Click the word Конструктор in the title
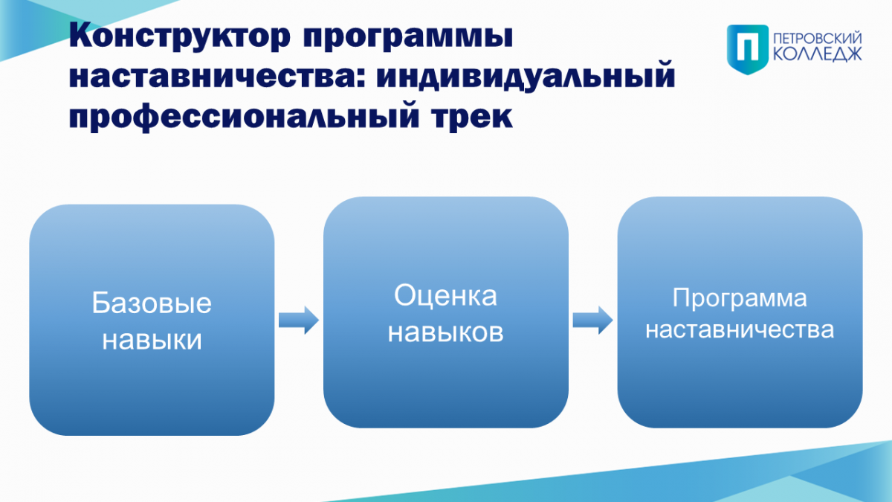180,36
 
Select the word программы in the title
408,36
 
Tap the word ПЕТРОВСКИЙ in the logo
818,39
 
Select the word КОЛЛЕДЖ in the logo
818,54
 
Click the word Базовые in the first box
152,303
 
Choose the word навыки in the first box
152,340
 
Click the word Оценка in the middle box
445,296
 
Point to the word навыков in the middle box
445,332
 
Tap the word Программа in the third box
740,298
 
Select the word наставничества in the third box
740,330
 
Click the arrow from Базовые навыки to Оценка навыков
299,320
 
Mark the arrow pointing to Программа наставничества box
592,320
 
